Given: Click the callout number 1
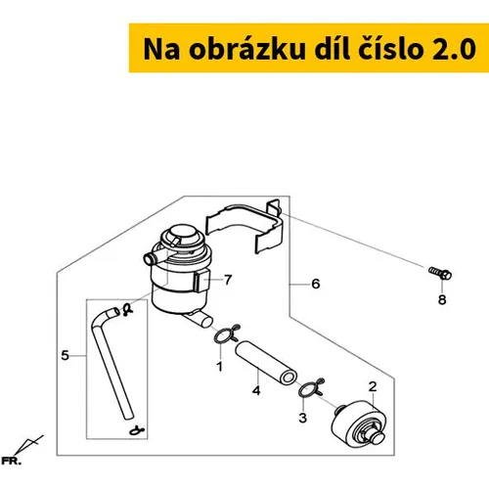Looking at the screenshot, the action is coord(220,366).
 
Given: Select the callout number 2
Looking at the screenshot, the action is coord(373,386).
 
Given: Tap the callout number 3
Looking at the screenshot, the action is coord(303,418).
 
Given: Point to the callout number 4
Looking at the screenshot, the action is coord(256,390).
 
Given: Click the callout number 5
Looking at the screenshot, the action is coord(66,355).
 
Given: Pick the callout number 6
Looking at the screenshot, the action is coord(316,284).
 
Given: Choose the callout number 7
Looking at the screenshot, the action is coord(228,280).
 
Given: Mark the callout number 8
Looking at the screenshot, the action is coord(442,299).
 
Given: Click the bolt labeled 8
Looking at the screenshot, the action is coord(440,273).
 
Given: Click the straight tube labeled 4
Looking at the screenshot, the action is coord(266,362).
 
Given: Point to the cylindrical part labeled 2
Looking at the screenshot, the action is coord(359,422).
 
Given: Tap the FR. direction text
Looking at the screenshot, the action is coord(11,462).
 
